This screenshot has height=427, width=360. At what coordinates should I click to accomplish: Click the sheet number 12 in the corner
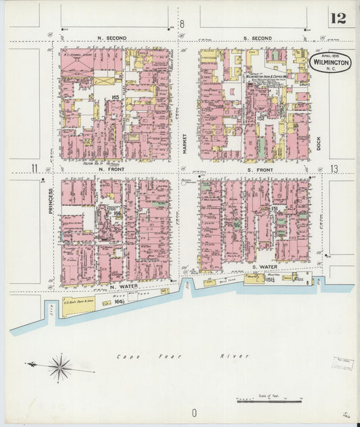(338, 18)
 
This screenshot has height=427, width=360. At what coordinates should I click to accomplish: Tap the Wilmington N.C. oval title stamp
(330, 63)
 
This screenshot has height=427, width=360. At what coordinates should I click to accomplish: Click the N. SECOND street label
(111, 38)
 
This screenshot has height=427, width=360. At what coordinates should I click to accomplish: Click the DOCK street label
(318, 143)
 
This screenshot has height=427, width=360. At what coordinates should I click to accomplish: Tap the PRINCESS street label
(51, 201)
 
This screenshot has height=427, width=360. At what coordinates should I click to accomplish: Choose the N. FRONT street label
(111, 169)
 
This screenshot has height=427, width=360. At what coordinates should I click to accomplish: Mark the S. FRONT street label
(259, 169)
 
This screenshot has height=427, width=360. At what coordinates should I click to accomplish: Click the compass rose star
(59, 368)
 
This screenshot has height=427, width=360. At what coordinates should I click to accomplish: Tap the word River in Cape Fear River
(237, 356)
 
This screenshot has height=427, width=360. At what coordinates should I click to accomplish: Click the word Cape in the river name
(127, 356)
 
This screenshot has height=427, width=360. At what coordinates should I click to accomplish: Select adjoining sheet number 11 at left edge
(32, 168)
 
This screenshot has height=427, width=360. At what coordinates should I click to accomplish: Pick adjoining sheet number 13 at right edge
(334, 168)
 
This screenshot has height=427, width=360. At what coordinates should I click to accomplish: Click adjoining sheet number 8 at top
(181, 24)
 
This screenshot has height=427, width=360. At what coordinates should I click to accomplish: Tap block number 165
(115, 99)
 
